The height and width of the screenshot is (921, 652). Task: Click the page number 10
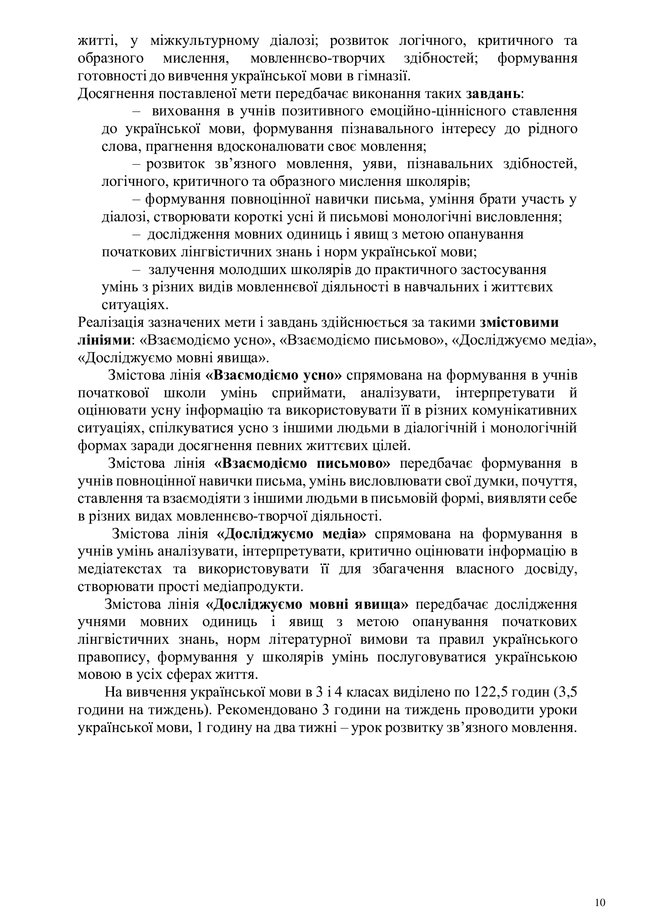click(600, 891)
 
